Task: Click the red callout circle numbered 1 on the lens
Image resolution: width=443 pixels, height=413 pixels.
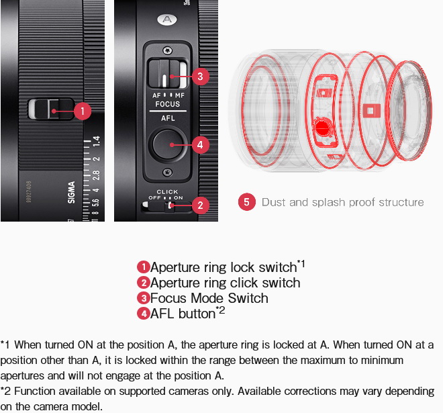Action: point(83,111)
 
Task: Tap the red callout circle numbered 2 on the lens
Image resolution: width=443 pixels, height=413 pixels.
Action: point(200,205)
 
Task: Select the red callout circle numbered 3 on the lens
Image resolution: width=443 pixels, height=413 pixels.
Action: point(200,77)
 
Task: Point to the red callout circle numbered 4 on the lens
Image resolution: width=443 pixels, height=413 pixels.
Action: point(200,145)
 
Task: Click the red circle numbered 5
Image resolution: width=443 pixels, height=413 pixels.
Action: point(246,202)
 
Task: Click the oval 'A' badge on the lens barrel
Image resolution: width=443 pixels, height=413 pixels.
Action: point(167,19)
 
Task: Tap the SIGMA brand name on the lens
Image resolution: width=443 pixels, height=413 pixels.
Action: point(71,192)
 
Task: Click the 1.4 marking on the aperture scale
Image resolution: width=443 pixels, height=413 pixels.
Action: point(97,141)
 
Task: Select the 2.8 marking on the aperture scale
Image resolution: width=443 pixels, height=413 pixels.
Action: point(97,175)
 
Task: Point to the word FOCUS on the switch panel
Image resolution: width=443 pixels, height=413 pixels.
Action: point(168,104)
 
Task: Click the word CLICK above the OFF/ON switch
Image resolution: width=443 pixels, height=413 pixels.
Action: point(167,191)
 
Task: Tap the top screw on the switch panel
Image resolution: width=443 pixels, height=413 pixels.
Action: point(168,51)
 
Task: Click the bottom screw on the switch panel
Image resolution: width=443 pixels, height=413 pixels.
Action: point(168,172)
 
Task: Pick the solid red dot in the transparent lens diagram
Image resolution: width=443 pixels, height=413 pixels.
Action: point(322,128)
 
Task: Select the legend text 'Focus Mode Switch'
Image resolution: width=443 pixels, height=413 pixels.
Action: point(209,298)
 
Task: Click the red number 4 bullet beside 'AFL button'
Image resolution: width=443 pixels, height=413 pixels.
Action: point(144,314)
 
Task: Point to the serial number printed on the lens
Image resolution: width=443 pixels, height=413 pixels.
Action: point(29,191)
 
